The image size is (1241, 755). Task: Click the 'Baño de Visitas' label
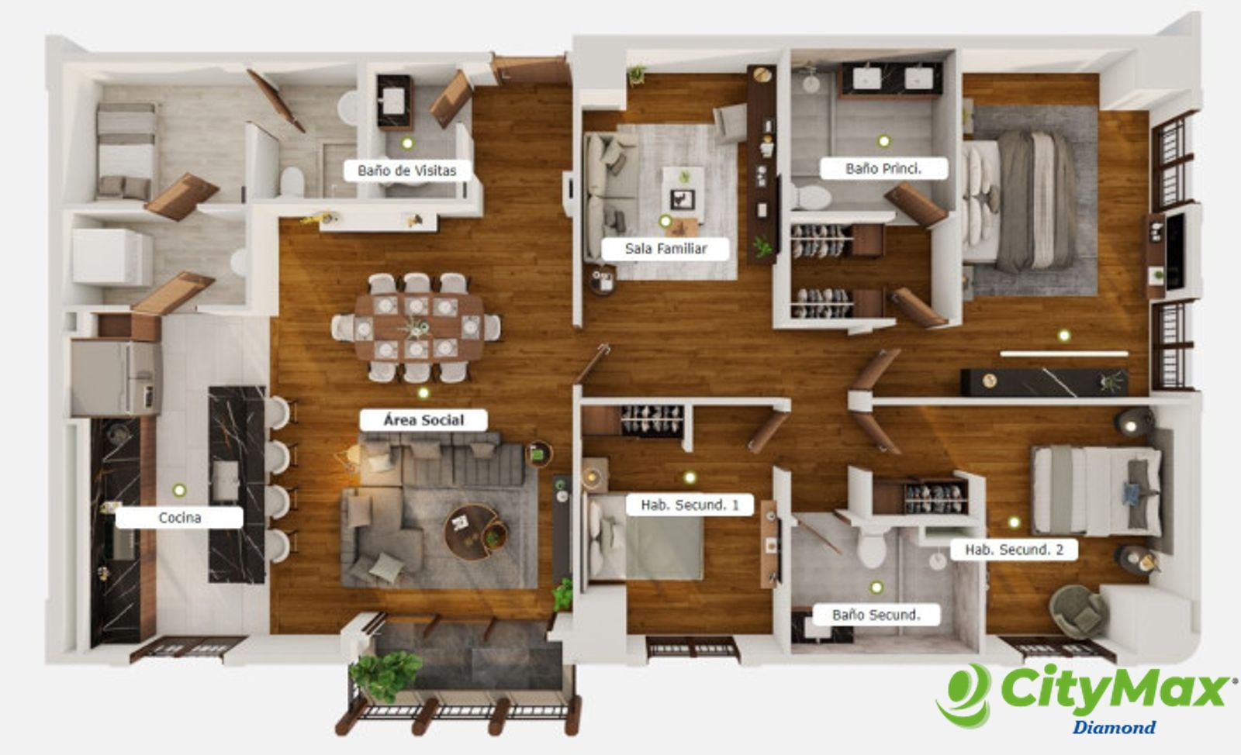tap(407, 171)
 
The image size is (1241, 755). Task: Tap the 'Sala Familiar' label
tap(665, 249)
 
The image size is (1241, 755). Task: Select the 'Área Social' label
tap(423, 420)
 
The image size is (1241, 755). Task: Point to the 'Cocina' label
tap(179, 518)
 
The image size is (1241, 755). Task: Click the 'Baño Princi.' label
tap(883, 169)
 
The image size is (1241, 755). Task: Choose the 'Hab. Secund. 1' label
tap(690, 505)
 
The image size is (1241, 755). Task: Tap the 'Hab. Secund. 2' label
tap(1015, 550)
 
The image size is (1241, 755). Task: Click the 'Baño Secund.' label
tap(876, 615)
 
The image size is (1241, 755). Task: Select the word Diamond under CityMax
tap(1114, 727)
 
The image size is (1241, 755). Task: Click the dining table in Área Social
tap(419, 326)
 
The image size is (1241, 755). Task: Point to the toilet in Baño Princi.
tap(811, 198)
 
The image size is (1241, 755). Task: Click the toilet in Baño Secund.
tap(873, 545)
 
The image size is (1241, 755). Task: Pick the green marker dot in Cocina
tap(179, 490)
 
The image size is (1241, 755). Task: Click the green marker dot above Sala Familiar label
tap(665, 222)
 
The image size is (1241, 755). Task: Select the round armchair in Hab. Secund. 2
tap(1077, 612)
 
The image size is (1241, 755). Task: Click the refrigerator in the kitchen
tap(116, 377)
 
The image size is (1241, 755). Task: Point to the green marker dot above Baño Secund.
tap(876, 588)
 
